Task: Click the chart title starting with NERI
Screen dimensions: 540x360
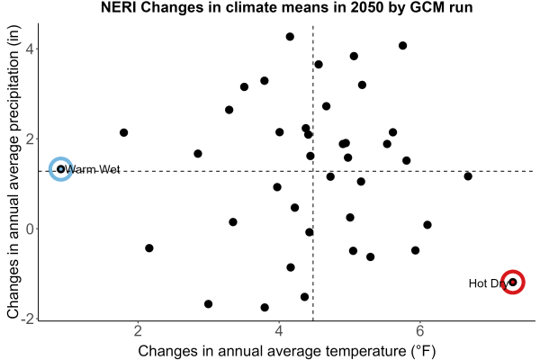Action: coord(286,7)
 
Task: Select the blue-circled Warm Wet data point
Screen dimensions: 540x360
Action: coord(61,169)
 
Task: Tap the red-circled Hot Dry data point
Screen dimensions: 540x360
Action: coord(513,282)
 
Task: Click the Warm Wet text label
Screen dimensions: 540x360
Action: coord(93,169)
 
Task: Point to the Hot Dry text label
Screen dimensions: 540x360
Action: coord(489,283)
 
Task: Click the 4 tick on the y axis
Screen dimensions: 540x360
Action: coord(30,49)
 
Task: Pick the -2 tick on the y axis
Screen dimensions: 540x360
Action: coord(28,319)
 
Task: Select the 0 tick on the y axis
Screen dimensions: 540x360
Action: coord(30,229)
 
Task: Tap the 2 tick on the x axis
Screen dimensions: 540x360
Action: coord(138,331)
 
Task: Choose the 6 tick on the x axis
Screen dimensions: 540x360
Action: coord(419,331)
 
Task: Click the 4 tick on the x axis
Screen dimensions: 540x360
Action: coord(279,331)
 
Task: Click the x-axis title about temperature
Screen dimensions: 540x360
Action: coord(287,351)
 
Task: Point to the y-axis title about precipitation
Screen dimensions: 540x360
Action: coord(13,172)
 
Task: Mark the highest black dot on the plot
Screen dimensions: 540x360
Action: coord(290,37)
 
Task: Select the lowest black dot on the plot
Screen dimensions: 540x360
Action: coord(265,307)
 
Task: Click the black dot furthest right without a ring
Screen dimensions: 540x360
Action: coord(468,176)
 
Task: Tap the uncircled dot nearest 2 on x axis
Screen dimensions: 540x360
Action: coord(123,132)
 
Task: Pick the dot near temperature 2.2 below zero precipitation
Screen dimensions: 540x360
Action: coord(149,248)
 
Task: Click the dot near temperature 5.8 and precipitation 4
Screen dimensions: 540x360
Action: coord(402,46)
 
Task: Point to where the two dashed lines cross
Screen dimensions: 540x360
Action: coord(313,171)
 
